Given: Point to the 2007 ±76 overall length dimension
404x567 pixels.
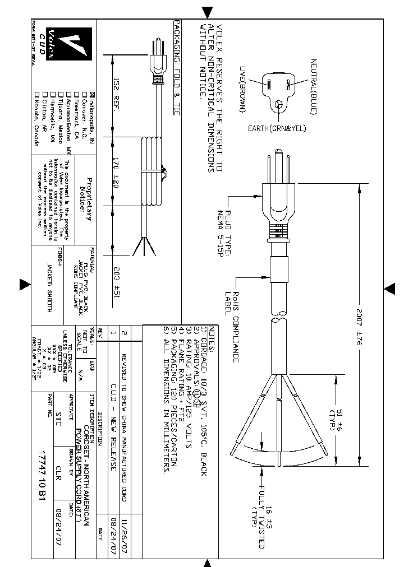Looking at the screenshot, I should [x=363, y=325].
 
